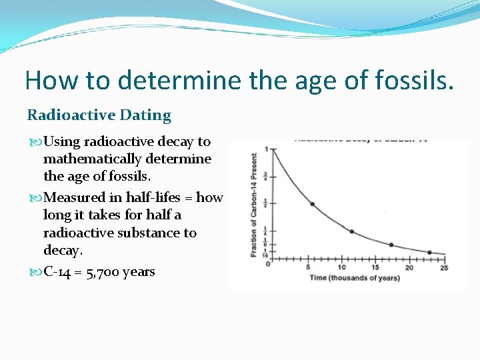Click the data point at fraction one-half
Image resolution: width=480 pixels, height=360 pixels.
tap(312, 203)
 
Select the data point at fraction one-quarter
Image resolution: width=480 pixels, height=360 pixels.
tap(352, 231)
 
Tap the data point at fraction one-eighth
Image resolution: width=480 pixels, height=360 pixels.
tap(391, 245)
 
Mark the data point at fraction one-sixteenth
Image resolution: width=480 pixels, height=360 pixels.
tap(430, 252)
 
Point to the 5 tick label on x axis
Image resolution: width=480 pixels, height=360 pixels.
tap(308, 267)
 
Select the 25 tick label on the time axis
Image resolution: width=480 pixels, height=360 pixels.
tap(444, 267)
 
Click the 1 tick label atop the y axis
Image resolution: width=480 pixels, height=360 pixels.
tap(267, 149)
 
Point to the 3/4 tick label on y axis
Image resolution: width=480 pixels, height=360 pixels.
tap(267, 176)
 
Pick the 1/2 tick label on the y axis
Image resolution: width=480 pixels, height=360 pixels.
tap(267, 203)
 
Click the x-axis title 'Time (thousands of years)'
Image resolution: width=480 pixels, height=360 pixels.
tap(355, 277)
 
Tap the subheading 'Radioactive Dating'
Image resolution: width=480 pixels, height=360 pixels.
tap(99, 115)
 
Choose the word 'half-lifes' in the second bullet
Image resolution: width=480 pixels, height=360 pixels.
tap(153, 197)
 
